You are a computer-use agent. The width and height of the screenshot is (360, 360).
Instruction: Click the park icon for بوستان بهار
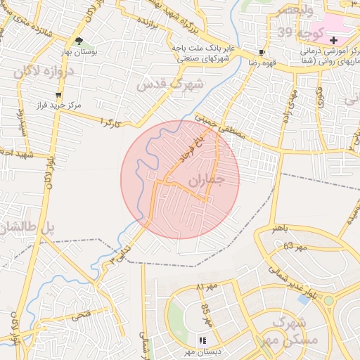click(x=79, y=41)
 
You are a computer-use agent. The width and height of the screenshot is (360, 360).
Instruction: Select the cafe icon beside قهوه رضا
click(x=262, y=52)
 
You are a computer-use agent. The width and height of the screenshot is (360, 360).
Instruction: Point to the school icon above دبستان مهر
click(x=203, y=340)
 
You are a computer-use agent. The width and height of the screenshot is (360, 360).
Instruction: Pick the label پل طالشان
click(x=22, y=227)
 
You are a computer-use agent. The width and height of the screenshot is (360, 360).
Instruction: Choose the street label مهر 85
click(x=207, y=315)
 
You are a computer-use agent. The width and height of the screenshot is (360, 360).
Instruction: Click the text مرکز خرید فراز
click(x=59, y=104)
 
